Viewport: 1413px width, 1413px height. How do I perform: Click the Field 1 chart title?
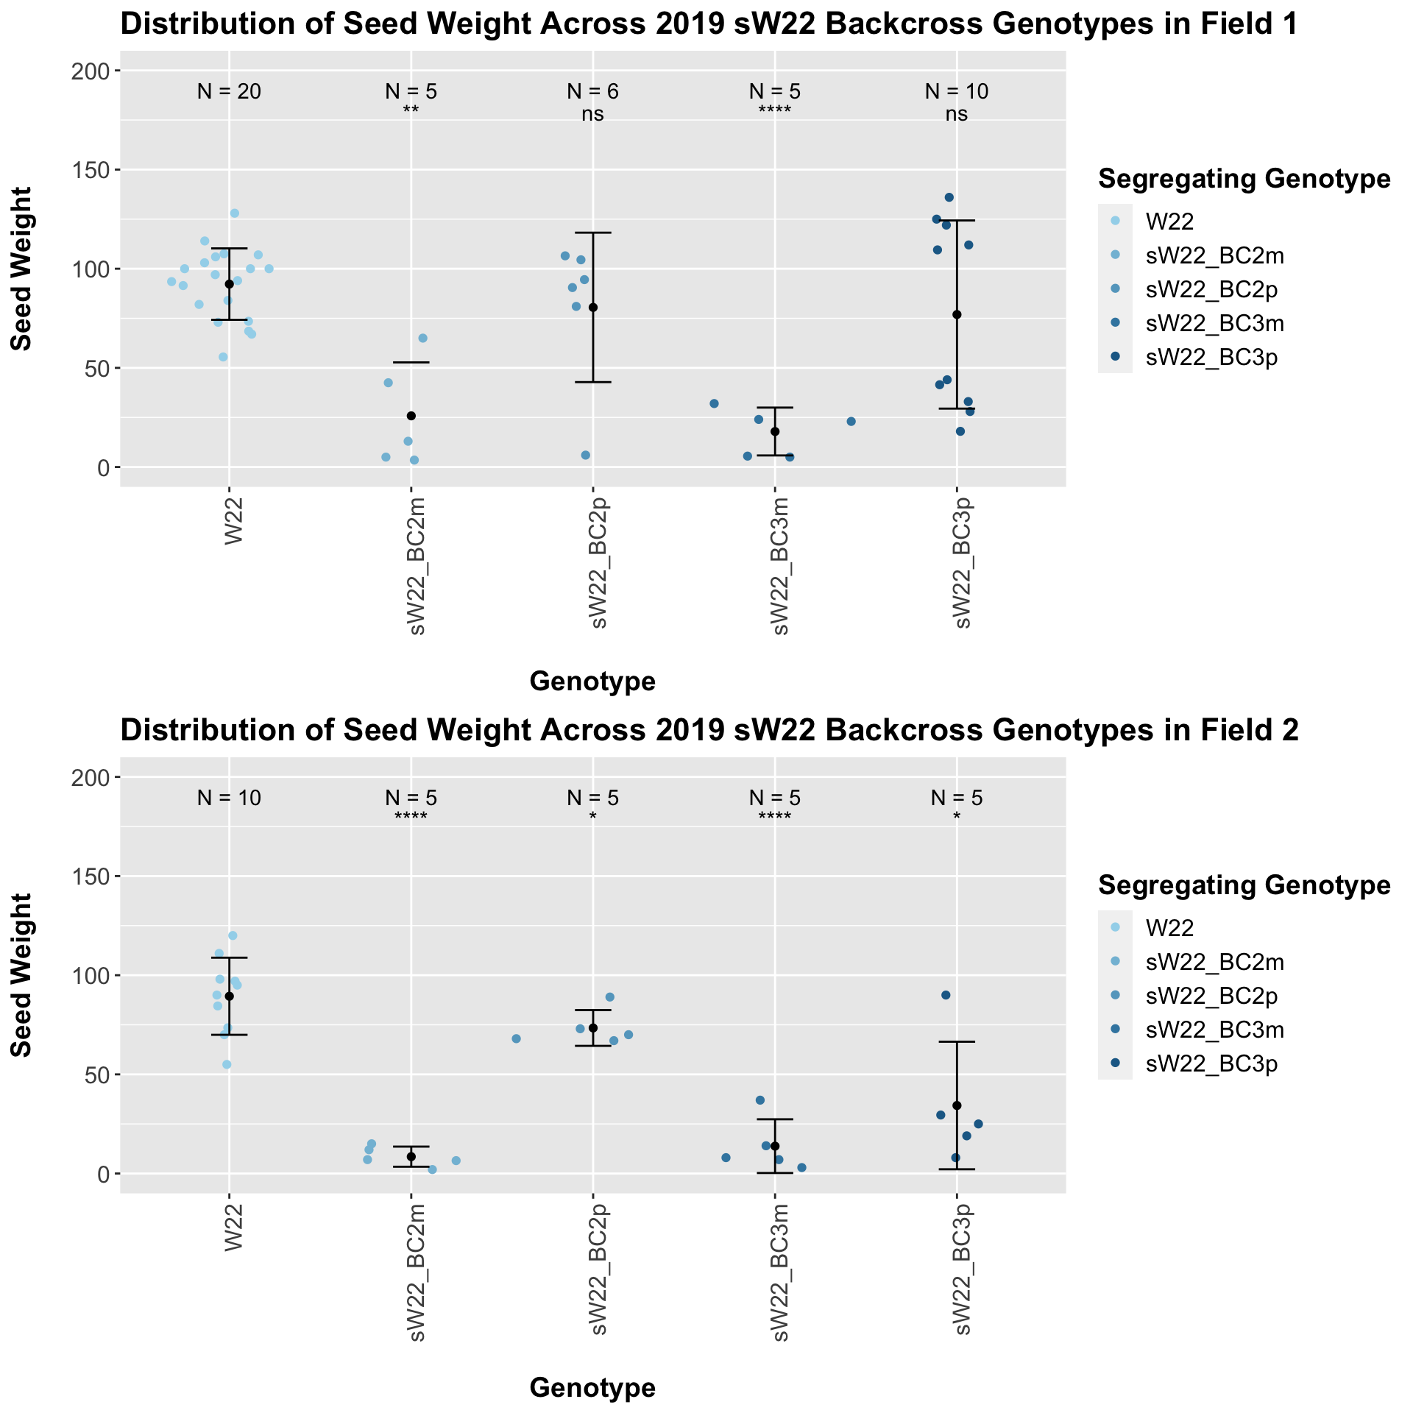click(708, 25)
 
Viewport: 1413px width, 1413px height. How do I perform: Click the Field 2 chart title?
click(709, 730)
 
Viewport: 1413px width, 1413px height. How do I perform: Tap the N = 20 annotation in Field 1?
click(229, 91)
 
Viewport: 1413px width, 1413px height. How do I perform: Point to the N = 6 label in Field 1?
click(592, 91)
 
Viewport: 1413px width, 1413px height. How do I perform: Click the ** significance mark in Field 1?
click(411, 111)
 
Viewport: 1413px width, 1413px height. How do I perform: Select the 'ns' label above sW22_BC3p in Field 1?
click(956, 114)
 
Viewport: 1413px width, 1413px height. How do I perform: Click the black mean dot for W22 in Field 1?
click(229, 284)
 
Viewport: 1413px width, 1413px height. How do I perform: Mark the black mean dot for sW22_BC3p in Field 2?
click(956, 1105)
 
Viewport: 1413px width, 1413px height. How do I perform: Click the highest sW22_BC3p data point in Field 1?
click(949, 197)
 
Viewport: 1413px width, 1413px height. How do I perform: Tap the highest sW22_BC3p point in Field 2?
click(946, 995)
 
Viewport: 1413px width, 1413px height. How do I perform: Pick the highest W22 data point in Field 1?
click(235, 213)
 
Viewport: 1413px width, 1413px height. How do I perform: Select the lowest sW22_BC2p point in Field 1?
click(586, 455)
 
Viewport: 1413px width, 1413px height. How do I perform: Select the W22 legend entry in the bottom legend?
click(1169, 927)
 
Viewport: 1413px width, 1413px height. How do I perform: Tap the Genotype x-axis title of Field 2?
click(592, 1388)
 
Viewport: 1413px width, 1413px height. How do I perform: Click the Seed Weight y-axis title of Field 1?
click(21, 269)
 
